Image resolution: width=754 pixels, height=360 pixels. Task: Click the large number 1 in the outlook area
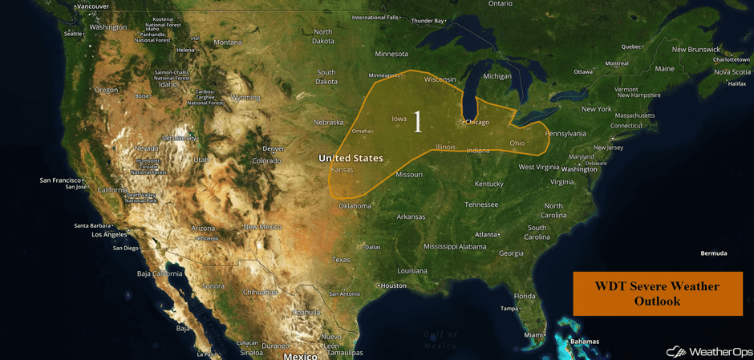[417, 123]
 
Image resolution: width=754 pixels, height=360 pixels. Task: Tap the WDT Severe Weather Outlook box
[657, 293]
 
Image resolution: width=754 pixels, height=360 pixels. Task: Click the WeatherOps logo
[705, 351]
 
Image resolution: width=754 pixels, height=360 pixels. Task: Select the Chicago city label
[476, 123]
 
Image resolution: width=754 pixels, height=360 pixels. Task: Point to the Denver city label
[274, 148]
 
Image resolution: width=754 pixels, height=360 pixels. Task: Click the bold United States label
[351, 158]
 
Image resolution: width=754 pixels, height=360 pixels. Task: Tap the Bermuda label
[713, 253]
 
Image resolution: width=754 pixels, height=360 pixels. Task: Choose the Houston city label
[393, 285]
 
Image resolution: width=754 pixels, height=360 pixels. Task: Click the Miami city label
[533, 334]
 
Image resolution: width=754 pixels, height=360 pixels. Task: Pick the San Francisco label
[61, 180]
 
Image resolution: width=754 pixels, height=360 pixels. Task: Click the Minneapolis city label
[383, 75]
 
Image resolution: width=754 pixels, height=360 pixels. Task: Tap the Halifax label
[736, 83]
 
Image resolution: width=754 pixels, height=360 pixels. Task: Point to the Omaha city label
[363, 131]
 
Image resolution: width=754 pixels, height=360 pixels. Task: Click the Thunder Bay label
[428, 21]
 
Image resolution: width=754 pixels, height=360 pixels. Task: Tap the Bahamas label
[583, 342]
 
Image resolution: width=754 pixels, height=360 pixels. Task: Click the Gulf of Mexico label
[440, 339]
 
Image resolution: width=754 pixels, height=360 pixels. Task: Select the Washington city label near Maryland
[579, 169]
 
